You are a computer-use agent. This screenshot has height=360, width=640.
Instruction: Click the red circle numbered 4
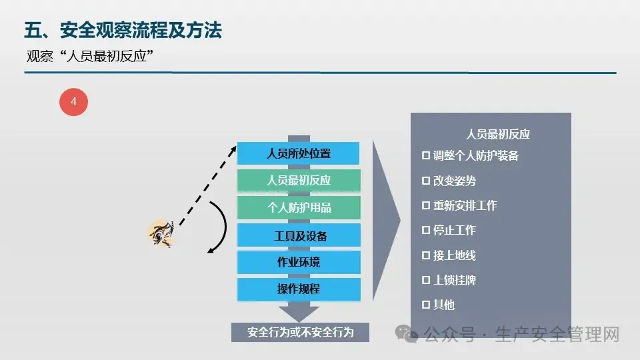(x=73, y=101)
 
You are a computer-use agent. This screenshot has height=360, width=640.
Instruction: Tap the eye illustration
(x=161, y=234)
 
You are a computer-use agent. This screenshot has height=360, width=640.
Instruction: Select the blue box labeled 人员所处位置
(x=299, y=153)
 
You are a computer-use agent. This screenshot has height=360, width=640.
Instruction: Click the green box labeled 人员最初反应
(x=299, y=180)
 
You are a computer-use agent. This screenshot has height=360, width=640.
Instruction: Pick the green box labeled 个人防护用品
(x=299, y=207)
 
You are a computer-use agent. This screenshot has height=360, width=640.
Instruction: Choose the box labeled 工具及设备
(x=299, y=235)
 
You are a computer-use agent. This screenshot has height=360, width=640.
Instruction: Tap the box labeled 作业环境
(x=299, y=262)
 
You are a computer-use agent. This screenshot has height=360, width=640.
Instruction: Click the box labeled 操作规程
(x=299, y=289)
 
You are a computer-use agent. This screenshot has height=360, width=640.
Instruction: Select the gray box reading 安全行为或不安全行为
(x=300, y=332)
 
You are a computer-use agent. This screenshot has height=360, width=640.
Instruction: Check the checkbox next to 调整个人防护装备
(x=426, y=155)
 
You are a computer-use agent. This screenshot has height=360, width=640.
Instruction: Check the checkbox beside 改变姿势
(x=426, y=181)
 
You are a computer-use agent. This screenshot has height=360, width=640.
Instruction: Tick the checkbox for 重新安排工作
(x=426, y=205)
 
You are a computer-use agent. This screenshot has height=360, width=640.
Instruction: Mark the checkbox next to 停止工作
(x=426, y=230)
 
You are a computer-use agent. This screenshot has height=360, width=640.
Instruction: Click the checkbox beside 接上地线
(x=426, y=255)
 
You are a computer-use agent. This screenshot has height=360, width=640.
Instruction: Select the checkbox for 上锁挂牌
(x=426, y=280)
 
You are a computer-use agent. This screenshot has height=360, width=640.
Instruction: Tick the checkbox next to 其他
(x=426, y=305)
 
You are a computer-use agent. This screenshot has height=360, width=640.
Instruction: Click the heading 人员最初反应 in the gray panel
(x=498, y=134)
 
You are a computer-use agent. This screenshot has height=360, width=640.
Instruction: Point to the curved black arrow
(x=226, y=227)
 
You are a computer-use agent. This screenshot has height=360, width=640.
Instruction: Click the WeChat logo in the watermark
(x=407, y=334)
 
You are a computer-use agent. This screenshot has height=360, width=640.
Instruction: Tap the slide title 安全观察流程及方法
(x=141, y=30)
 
